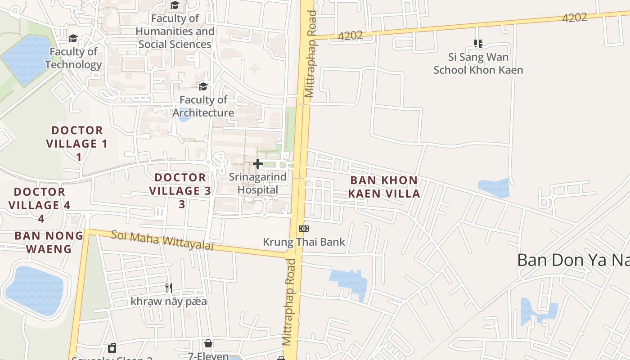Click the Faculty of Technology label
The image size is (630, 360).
coord(73,58)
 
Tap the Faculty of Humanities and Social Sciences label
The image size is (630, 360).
coord(175,31)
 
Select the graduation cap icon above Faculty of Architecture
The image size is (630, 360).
coord(203,86)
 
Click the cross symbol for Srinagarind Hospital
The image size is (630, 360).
coord(258,164)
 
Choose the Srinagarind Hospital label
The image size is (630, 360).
coord(258,183)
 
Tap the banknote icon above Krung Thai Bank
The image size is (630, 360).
coord(304,229)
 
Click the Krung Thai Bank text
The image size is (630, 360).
coord(304,242)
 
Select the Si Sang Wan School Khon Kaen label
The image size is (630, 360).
coord(478,63)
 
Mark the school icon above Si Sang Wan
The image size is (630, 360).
coord(478,44)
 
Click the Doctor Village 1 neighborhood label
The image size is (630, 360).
coord(77,144)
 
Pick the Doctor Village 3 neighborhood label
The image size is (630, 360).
coord(180,190)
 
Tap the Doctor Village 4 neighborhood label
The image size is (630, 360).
coord(40,205)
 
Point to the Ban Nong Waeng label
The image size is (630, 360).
coord(49,242)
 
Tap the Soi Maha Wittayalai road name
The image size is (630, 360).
coord(162,240)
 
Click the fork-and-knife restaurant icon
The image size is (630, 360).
coord(169,288)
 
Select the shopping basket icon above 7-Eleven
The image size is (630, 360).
coord(208,344)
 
